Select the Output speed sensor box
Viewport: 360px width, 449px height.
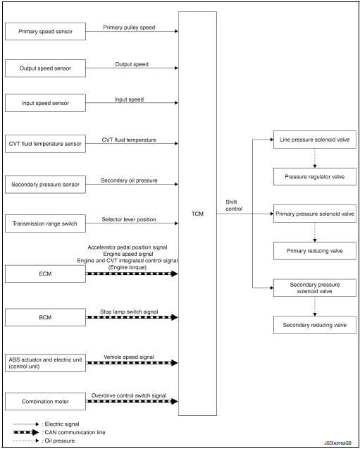[x=45, y=68]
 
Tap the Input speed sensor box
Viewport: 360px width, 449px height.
[x=45, y=103]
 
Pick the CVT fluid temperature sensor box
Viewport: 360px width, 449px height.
[x=45, y=144]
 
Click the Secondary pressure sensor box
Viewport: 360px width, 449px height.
[x=45, y=185]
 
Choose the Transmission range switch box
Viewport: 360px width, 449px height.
[x=45, y=225]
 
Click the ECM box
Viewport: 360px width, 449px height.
[x=45, y=273]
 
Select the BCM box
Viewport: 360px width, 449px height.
[x=45, y=318]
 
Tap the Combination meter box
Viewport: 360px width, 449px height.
[x=45, y=402]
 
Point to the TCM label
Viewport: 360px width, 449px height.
[x=197, y=214]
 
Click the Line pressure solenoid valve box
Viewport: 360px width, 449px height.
[x=314, y=140]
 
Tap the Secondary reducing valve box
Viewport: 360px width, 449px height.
[x=314, y=324]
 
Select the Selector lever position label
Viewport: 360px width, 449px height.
[x=129, y=219]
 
